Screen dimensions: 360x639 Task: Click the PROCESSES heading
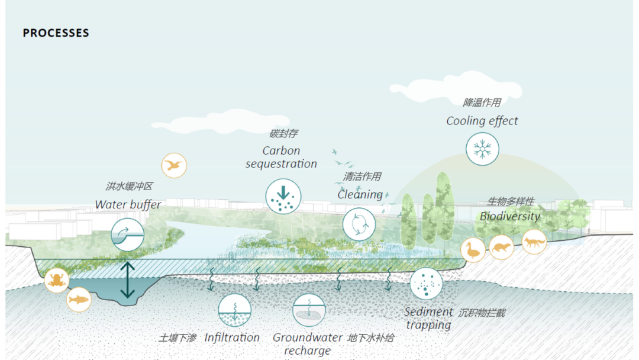56,33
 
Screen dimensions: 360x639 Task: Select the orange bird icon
174,165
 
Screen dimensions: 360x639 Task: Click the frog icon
57,280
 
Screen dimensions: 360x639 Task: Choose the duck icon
473,250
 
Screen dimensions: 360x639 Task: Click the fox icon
534,242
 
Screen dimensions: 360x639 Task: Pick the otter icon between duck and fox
502,247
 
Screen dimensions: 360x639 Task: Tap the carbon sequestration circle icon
283,195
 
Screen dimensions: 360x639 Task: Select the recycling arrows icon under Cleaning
359,224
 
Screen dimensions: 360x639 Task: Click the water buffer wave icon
128,233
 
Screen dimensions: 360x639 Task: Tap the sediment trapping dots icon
426,284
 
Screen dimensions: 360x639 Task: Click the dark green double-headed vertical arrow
128,279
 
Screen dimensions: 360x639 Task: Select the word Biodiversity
509,216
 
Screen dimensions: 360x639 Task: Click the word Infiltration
232,337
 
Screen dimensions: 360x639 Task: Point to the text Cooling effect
482,121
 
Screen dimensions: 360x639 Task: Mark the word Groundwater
307,337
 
